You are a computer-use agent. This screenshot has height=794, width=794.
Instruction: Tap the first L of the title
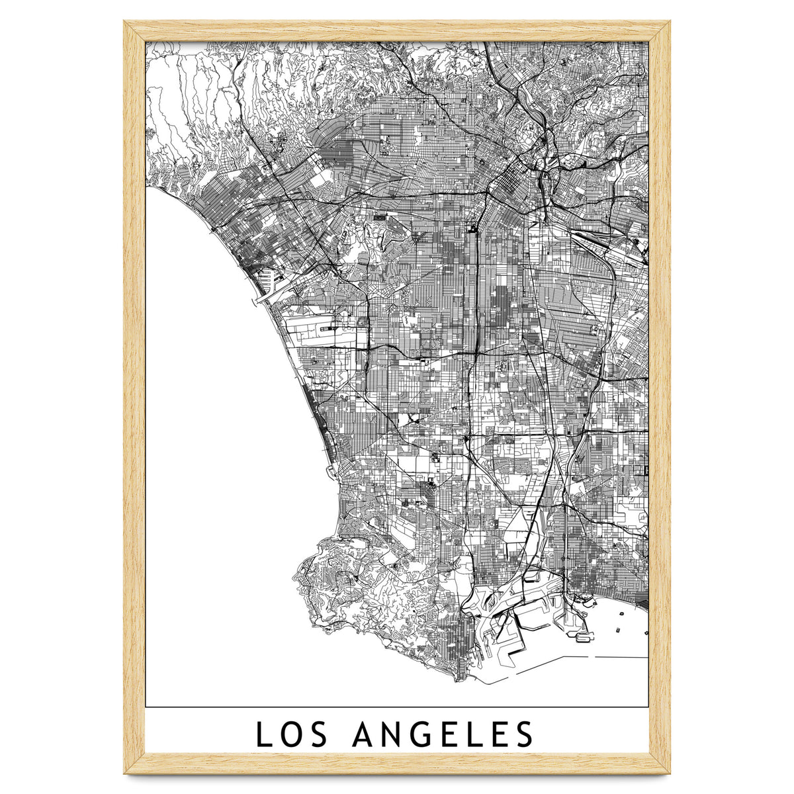tap(263, 734)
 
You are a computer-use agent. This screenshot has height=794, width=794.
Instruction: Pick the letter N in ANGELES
tap(392, 734)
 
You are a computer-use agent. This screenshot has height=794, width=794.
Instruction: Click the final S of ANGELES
tap(525, 734)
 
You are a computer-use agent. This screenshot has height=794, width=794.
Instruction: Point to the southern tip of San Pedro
tap(460, 676)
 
